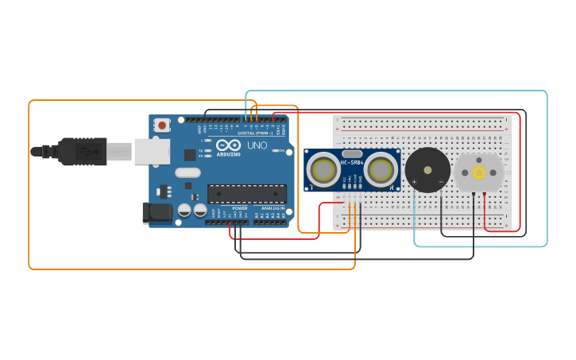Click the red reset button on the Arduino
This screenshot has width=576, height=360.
tap(162, 125)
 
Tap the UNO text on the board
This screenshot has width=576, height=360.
tap(257, 146)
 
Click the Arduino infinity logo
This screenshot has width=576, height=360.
tap(228, 146)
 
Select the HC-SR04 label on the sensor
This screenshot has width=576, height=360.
tap(352, 163)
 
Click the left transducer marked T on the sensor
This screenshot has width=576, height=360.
tap(323, 169)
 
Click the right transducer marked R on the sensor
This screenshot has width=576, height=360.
tap(381, 169)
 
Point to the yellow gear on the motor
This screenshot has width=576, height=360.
tap(479, 172)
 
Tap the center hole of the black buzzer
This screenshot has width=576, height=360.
tap(427, 169)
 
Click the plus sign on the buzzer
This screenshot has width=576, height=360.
tap(414, 182)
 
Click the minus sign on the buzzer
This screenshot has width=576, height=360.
tap(441, 182)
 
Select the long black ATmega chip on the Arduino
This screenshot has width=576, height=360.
tap(246, 193)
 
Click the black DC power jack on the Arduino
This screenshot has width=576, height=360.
tap(157, 212)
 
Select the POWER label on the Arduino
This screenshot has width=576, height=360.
tap(240, 208)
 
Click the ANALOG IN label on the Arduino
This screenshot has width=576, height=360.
tap(273, 208)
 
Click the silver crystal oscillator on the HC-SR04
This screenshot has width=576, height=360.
tap(352, 153)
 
